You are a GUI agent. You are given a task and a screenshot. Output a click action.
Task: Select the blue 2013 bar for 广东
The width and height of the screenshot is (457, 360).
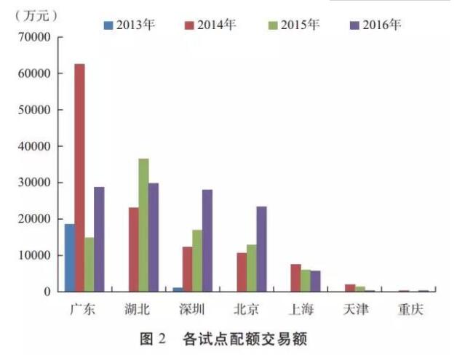tap(70, 257)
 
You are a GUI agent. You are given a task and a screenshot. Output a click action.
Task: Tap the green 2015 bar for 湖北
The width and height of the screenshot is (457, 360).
tap(144, 225)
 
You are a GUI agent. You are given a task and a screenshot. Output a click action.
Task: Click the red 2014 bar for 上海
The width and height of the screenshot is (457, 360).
tap(295, 278)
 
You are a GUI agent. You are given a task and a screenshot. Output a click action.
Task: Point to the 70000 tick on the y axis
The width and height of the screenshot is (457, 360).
tap(39, 37)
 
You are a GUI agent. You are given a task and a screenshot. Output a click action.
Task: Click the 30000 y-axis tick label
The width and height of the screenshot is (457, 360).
tap(39, 183)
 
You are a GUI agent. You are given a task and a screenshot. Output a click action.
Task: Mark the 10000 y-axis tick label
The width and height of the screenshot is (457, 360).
tap(39, 255)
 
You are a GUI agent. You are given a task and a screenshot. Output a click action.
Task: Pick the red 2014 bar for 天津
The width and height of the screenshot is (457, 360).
tap(349, 288)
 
